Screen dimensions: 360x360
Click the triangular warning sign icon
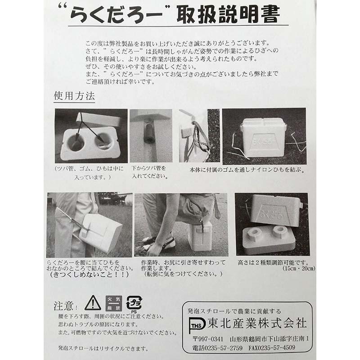point(93,303)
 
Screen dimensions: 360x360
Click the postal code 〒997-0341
point(207,338)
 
